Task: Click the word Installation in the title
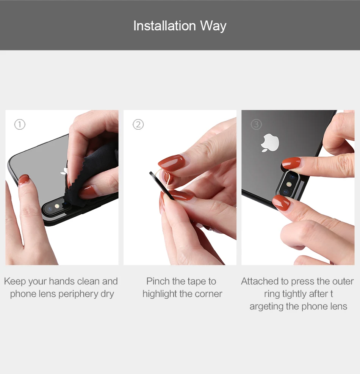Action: pyautogui.click(x=164, y=25)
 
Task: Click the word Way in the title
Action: pyautogui.click(x=213, y=26)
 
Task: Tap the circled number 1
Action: pyautogui.click(x=20, y=124)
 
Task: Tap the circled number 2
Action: pyautogui.click(x=138, y=124)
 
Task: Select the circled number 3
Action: pyautogui.click(x=257, y=124)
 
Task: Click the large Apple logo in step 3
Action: pyautogui.click(x=270, y=143)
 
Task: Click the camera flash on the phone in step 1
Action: pyautogui.click(x=57, y=206)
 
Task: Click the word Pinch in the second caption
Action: pyautogui.click(x=158, y=281)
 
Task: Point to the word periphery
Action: pyautogui.click(x=78, y=294)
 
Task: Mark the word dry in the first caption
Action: pyautogui.click(x=107, y=294)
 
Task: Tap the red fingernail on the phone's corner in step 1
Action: pyautogui.click(x=23, y=180)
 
